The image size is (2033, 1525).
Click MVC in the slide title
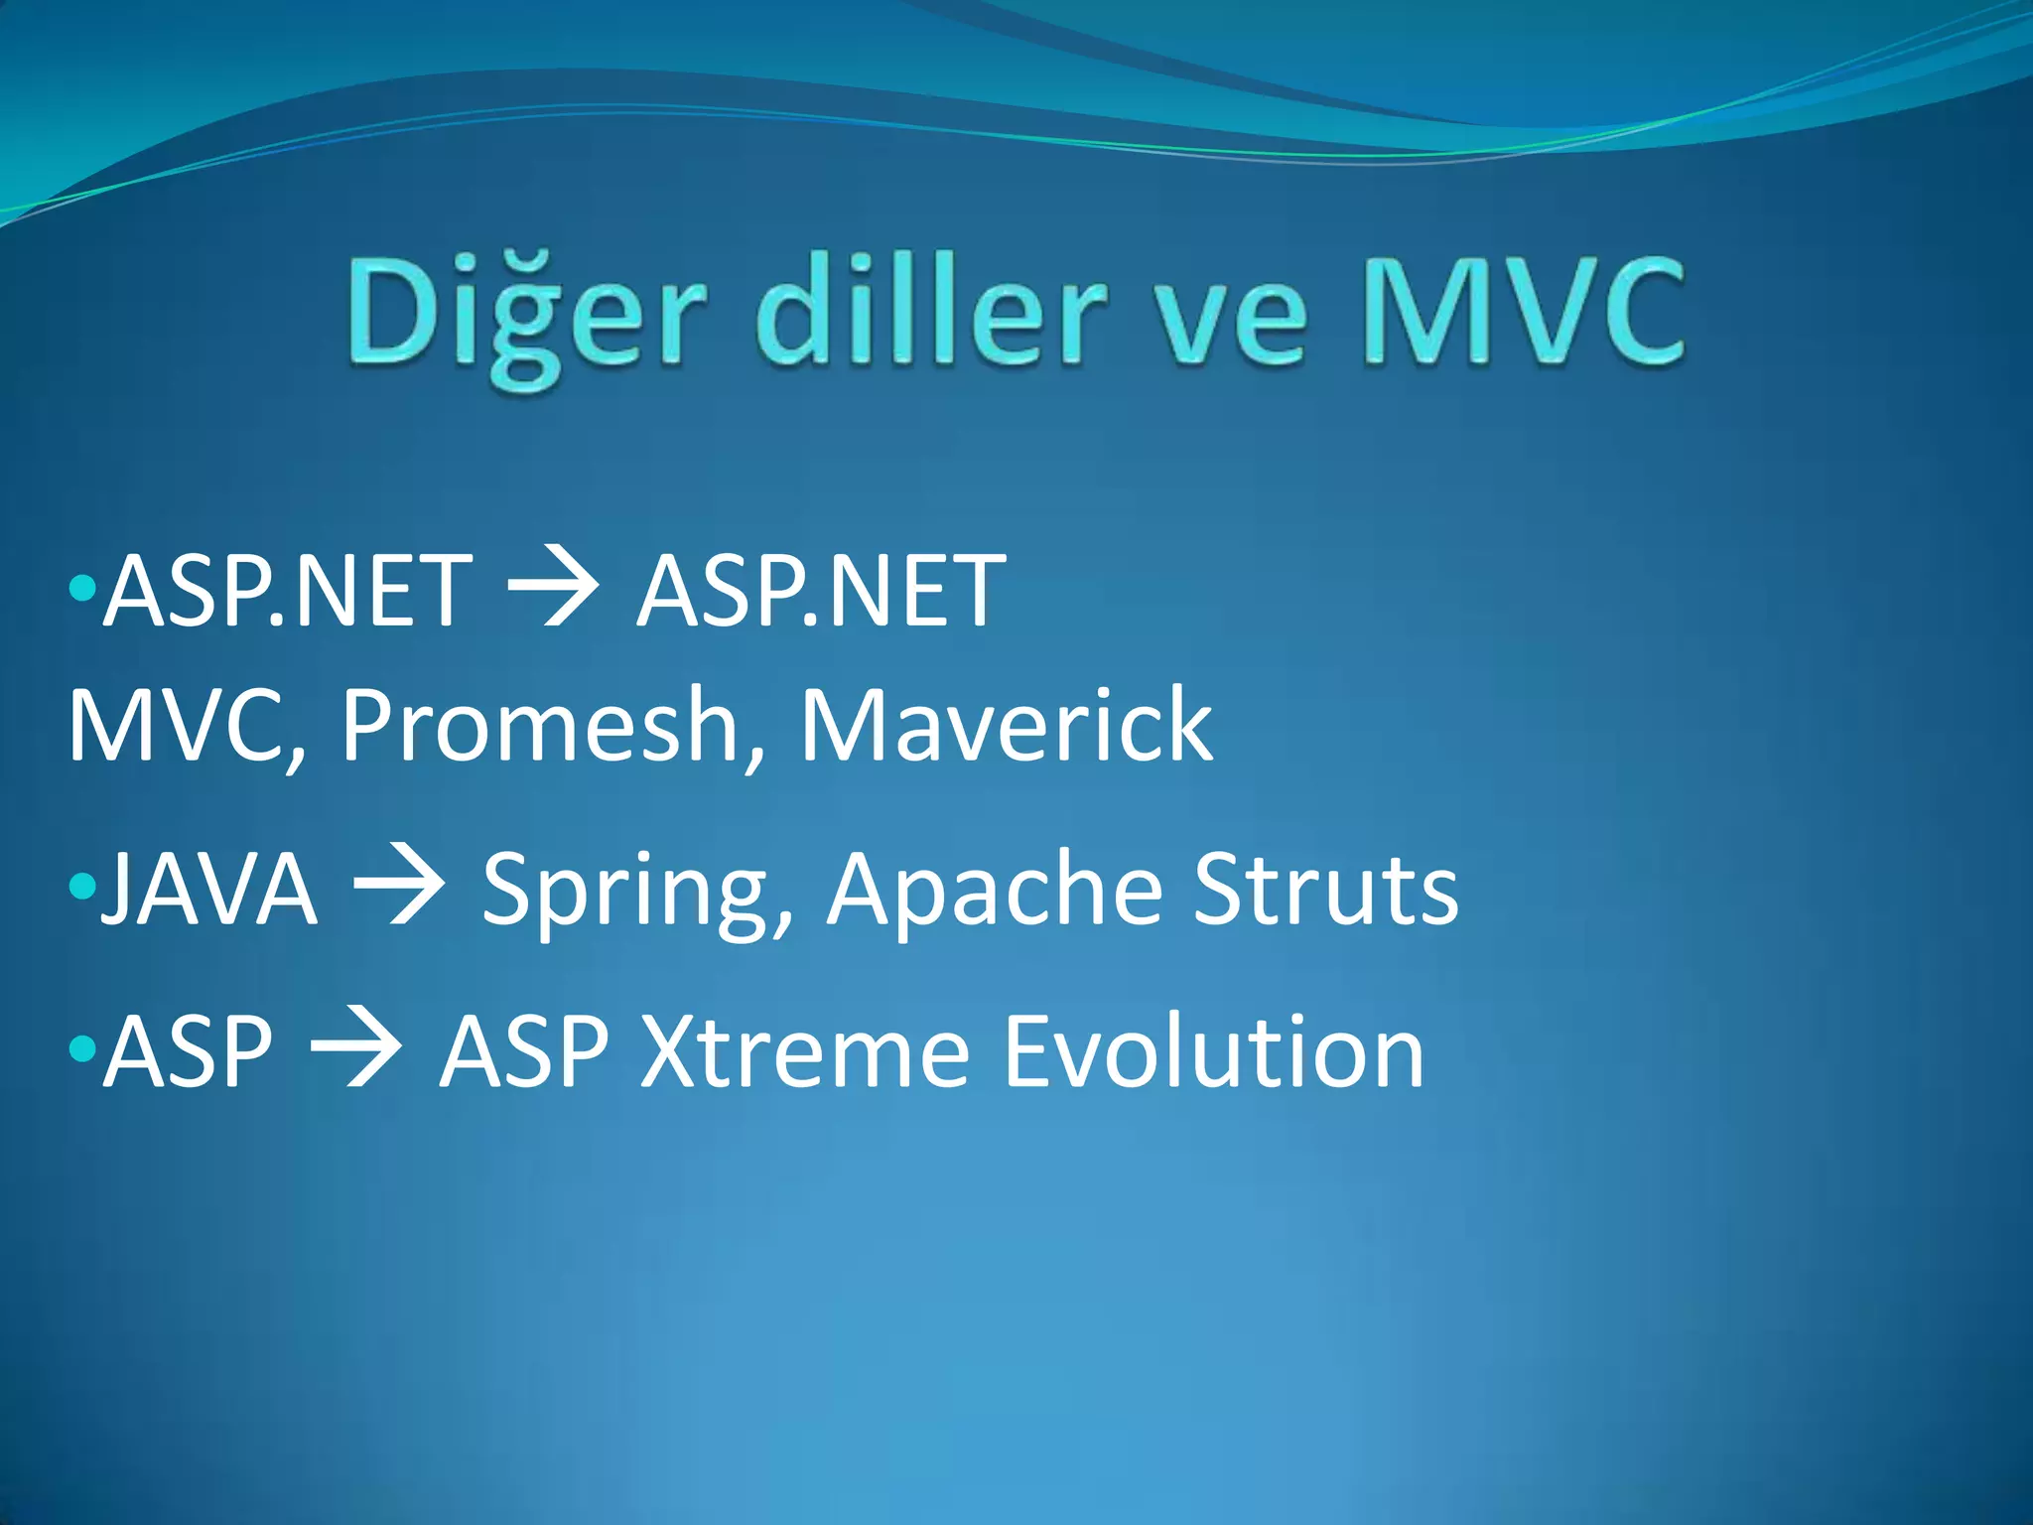point(1523,310)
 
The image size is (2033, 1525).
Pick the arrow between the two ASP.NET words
point(553,592)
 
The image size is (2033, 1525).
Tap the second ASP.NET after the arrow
point(820,592)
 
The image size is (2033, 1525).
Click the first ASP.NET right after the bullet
point(288,592)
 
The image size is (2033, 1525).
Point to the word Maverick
point(1006,726)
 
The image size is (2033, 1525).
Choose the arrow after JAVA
point(399,887)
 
